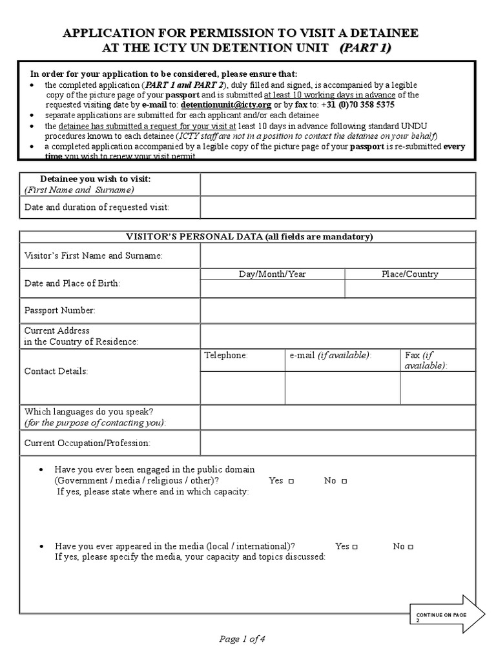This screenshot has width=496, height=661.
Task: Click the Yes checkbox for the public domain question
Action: coord(292,482)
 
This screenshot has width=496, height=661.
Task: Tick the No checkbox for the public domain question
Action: coord(344,482)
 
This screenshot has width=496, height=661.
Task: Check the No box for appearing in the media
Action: coord(411,547)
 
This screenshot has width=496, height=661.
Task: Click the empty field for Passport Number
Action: coord(338,310)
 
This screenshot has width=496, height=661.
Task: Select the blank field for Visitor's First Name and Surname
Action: coord(338,256)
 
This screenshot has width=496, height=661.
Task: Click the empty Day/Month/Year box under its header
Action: coord(273,289)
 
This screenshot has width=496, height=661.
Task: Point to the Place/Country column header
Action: coord(410,274)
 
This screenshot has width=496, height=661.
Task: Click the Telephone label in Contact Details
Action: coord(226,356)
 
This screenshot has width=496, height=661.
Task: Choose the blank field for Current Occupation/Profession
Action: coord(338,443)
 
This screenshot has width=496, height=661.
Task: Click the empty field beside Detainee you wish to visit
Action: coord(338,184)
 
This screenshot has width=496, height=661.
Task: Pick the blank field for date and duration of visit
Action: coord(338,207)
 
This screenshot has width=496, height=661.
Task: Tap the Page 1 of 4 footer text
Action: coord(243,640)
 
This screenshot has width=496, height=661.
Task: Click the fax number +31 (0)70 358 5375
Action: coord(358,105)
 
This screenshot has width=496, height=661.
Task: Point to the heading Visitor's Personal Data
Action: coord(247,237)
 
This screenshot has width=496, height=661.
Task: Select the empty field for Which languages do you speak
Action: coord(338,416)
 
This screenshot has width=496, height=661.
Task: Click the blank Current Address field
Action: coord(338,336)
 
